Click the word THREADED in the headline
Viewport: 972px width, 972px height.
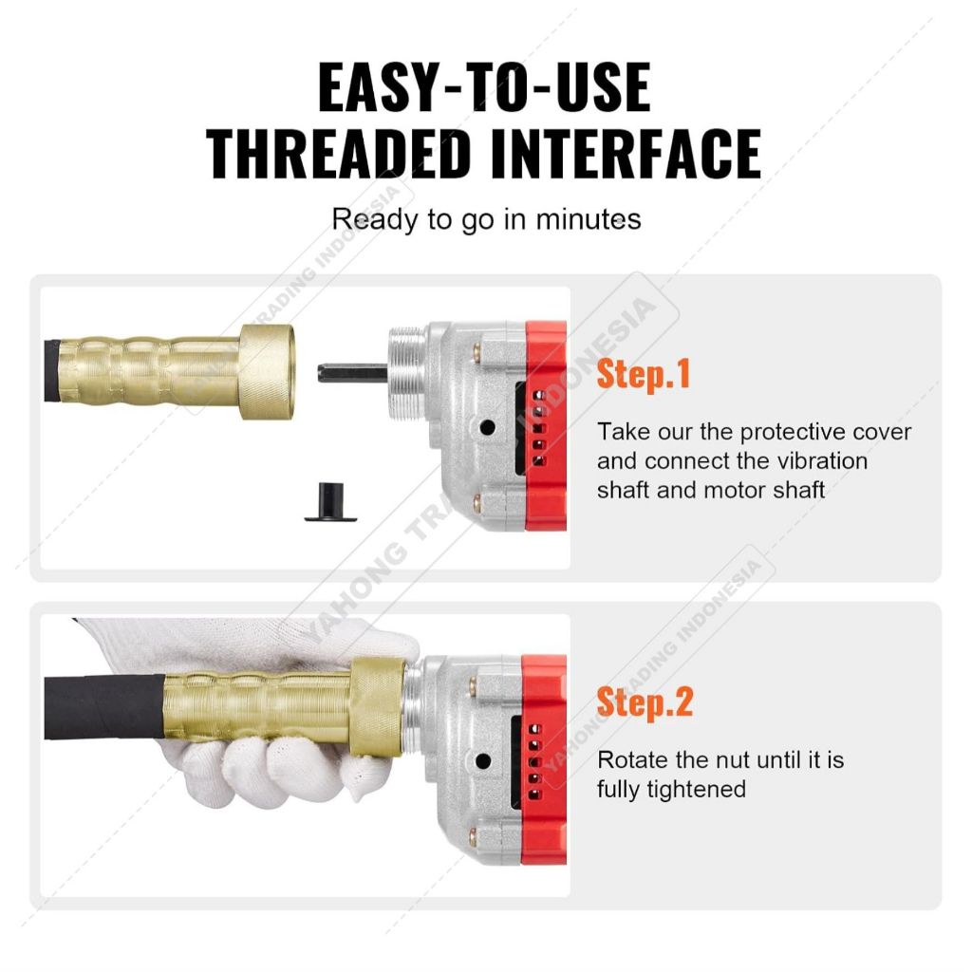pyautogui.click(x=339, y=153)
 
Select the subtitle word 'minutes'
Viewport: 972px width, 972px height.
pyautogui.click(x=589, y=219)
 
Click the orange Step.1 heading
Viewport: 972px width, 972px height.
pyautogui.click(x=643, y=374)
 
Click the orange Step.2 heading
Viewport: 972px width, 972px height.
pyautogui.click(x=645, y=702)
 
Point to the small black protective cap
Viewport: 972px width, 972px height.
pyautogui.click(x=330, y=501)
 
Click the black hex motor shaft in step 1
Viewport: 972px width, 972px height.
pyautogui.click(x=352, y=373)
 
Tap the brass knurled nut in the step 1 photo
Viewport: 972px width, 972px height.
pyautogui.click(x=267, y=371)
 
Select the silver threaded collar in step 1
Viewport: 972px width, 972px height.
pyautogui.click(x=406, y=373)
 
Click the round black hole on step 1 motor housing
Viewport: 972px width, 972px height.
pyautogui.click(x=487, y=427)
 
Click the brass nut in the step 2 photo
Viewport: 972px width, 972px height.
pyautogui.click(x=378, y=707)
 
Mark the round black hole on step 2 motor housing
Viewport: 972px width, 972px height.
pyautogui.click(x=483, y=760)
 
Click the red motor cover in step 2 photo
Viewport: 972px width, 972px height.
pyautogui.click(x=544, y=759)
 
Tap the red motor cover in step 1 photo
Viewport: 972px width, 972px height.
pyautogui.click(x=546, y=426)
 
